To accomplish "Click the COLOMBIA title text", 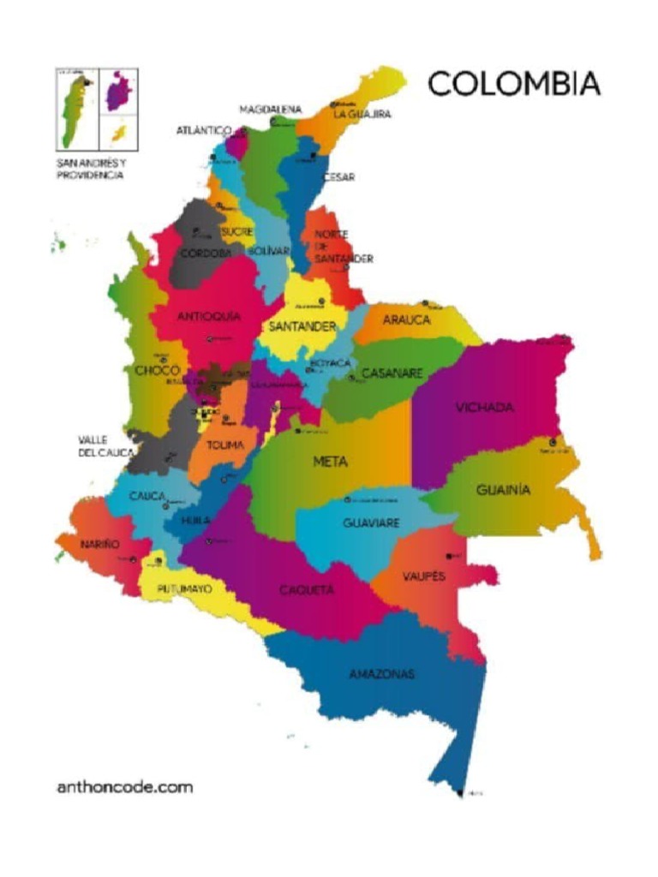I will tap(513, 84).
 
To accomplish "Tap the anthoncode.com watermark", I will tap(124, 786).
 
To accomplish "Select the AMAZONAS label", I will tap(381, 674).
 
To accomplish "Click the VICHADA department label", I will tap(484, 407).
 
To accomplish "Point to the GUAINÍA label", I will tap(503, 490).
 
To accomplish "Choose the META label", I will tap(330, 462).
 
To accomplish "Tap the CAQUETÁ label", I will tap(307, 590).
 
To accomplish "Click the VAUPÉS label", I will tap(424, 576).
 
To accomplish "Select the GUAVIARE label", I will tap(371, 522).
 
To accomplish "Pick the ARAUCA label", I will tap(406, 319).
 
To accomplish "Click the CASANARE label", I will tap(392, 373).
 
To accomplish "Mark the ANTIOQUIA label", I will tap(208, 316).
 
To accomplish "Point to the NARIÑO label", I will tap(99, 544).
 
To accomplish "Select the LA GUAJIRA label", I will tap(362, 114).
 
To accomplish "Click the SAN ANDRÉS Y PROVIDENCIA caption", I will tap(92, 169).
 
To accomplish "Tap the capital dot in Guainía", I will tap(553, 442).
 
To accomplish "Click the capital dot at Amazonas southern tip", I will tap(461, 792).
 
